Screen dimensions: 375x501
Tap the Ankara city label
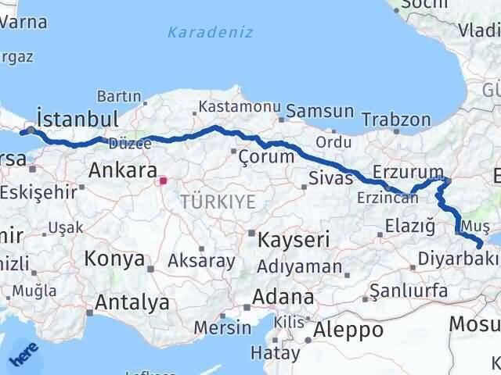[x=119, y=170]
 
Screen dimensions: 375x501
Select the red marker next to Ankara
[x=163, y=181]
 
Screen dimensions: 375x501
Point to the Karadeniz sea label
[x=199, y=33]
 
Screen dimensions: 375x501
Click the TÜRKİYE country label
[x=218, y=202]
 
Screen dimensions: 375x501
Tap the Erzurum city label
[x=408, y=171]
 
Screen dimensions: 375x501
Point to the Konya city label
[x=114, y=259]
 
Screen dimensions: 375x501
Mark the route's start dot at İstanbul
[x=31, y=130]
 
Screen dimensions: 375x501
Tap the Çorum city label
[x=268, y=156]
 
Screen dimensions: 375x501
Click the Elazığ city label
[x=409, y=227]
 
